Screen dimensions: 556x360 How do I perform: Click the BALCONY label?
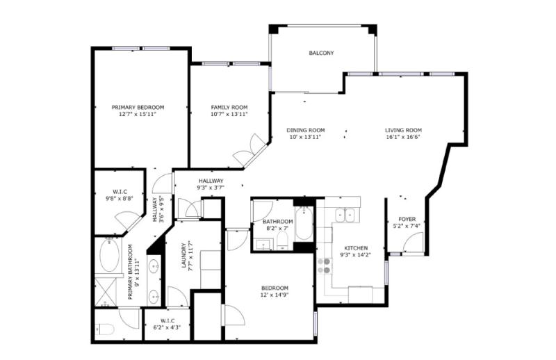click(x=321, y=54)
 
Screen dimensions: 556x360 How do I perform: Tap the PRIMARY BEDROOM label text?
click(x=138, y=108)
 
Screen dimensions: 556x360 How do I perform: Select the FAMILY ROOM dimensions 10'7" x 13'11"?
click(x=229, y=114)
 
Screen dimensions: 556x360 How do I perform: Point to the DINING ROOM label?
click(x=306, y=130)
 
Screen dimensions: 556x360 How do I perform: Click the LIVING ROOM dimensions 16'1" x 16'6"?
click(x=403, y=137)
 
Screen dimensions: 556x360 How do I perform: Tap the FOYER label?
click(x=407, y=219)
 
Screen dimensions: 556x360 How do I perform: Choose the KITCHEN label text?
click(x=356, y=248)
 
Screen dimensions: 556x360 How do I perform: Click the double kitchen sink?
click(x=345, y=215)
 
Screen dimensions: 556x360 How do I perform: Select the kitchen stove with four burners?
click(x=325, y=266)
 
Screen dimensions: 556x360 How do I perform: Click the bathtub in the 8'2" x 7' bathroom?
click(x=304, y=223)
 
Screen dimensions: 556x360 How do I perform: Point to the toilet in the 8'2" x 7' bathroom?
click(x=283, y=240)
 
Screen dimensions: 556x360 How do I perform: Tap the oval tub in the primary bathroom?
click(x=109, y=255)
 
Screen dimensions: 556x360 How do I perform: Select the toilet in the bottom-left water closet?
click(x=105, y=330)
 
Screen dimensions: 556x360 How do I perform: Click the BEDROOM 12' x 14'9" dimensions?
click(x=275, y=295)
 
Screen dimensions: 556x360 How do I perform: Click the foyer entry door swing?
click(x=413, y=243)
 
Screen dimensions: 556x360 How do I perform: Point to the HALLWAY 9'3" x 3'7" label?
click(x=211, y=184)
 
